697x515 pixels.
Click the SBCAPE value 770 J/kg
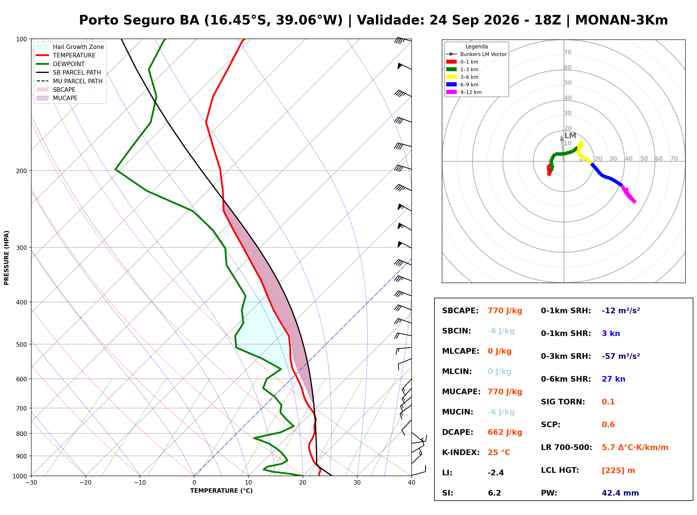coord(505,311)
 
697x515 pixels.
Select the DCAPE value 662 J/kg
coord(505,432)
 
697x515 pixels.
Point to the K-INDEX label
coord(461,453)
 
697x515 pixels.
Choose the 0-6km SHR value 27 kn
coord(613,379)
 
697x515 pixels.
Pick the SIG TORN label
coord(563,402)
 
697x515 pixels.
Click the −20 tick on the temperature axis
coord(85,483)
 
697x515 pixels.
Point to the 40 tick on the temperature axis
coord(412,483)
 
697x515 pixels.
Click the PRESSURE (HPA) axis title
coord(6,258)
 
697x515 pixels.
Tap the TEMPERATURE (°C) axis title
coord(221,491)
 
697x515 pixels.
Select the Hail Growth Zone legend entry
coord(70,47)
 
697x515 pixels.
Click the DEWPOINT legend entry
coord(61,64)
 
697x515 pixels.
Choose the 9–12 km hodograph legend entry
coord(464,92)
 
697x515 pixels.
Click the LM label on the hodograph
coord(570,136)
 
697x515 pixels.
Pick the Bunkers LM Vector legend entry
coord(476,54)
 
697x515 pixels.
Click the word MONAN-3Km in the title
coord(621,20)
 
